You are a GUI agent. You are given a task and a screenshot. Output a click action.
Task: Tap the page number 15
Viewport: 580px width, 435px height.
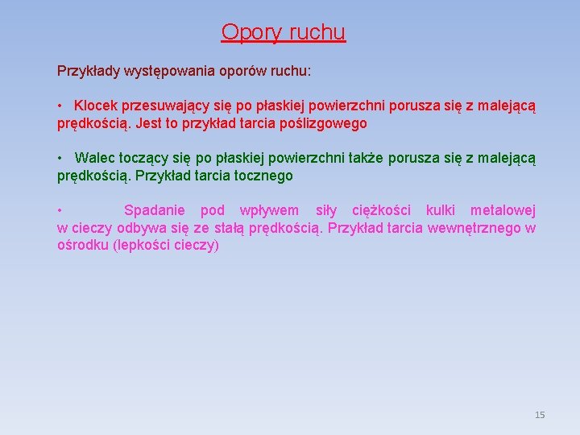pos(540,415)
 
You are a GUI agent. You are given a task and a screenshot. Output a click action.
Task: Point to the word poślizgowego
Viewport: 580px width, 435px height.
pos(322,123)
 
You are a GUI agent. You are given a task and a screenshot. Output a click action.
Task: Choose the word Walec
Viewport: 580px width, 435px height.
pos(93,158)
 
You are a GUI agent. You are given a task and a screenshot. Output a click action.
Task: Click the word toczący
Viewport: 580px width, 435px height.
pos(143,158)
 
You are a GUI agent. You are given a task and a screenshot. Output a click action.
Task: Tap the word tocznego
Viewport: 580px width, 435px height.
pos(259,176)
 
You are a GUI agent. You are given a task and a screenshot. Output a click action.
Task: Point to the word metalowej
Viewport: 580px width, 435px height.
pos(503,210)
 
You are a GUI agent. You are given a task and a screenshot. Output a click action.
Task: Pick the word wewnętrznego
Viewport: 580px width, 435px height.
pos(474,228)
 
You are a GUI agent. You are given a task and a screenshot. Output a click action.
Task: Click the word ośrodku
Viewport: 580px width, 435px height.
pos(83,246)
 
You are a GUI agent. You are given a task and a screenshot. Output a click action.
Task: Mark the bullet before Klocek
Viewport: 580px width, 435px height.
pos(60,106)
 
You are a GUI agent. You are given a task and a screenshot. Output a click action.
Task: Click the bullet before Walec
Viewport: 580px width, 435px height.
pos(60,158)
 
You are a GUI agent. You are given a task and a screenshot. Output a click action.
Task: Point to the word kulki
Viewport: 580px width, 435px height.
pos(440,210)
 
